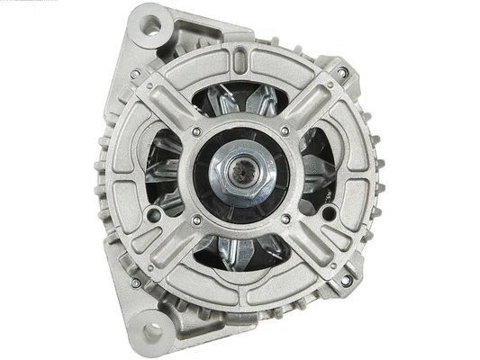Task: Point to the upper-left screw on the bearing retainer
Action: coord(195,133)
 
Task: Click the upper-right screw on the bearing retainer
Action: coord(285,131)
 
